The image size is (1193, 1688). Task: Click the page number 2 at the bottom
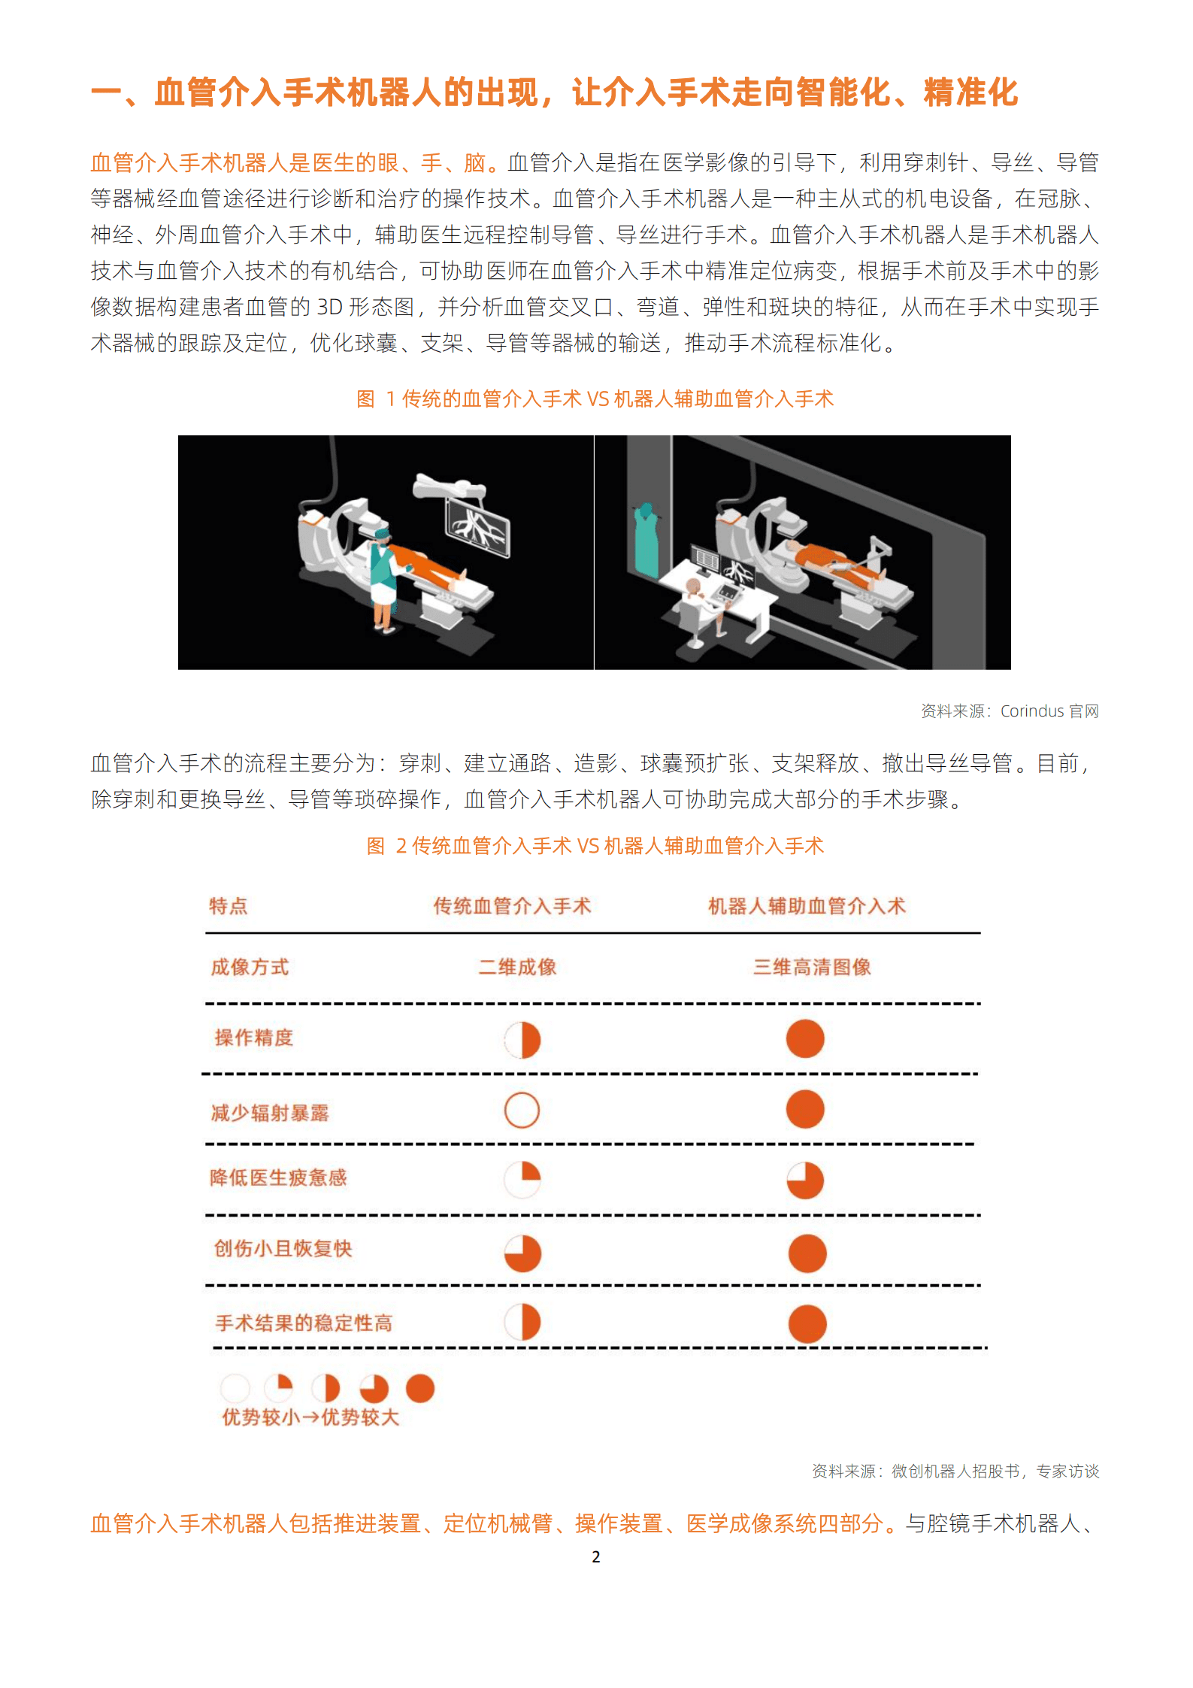595,1556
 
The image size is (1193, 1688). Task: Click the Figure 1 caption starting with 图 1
595,399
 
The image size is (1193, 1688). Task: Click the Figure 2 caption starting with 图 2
595,846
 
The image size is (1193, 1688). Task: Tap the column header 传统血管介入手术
512,906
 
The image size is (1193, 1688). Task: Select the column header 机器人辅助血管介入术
807,906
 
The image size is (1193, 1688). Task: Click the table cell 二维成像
517,967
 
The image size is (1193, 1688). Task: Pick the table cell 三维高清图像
812,967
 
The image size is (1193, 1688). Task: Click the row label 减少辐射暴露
270,1113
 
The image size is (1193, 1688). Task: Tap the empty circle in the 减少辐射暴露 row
522,1111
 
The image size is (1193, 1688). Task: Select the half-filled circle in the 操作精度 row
522,1040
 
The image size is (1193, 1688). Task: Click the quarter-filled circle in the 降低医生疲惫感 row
522,1179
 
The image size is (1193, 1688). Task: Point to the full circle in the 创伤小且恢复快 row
807,1253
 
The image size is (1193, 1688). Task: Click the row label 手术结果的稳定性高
304,1323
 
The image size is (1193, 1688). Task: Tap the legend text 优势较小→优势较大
310,1417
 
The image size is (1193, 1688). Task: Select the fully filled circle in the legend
420,1388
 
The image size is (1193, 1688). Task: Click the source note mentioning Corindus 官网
1010,711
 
